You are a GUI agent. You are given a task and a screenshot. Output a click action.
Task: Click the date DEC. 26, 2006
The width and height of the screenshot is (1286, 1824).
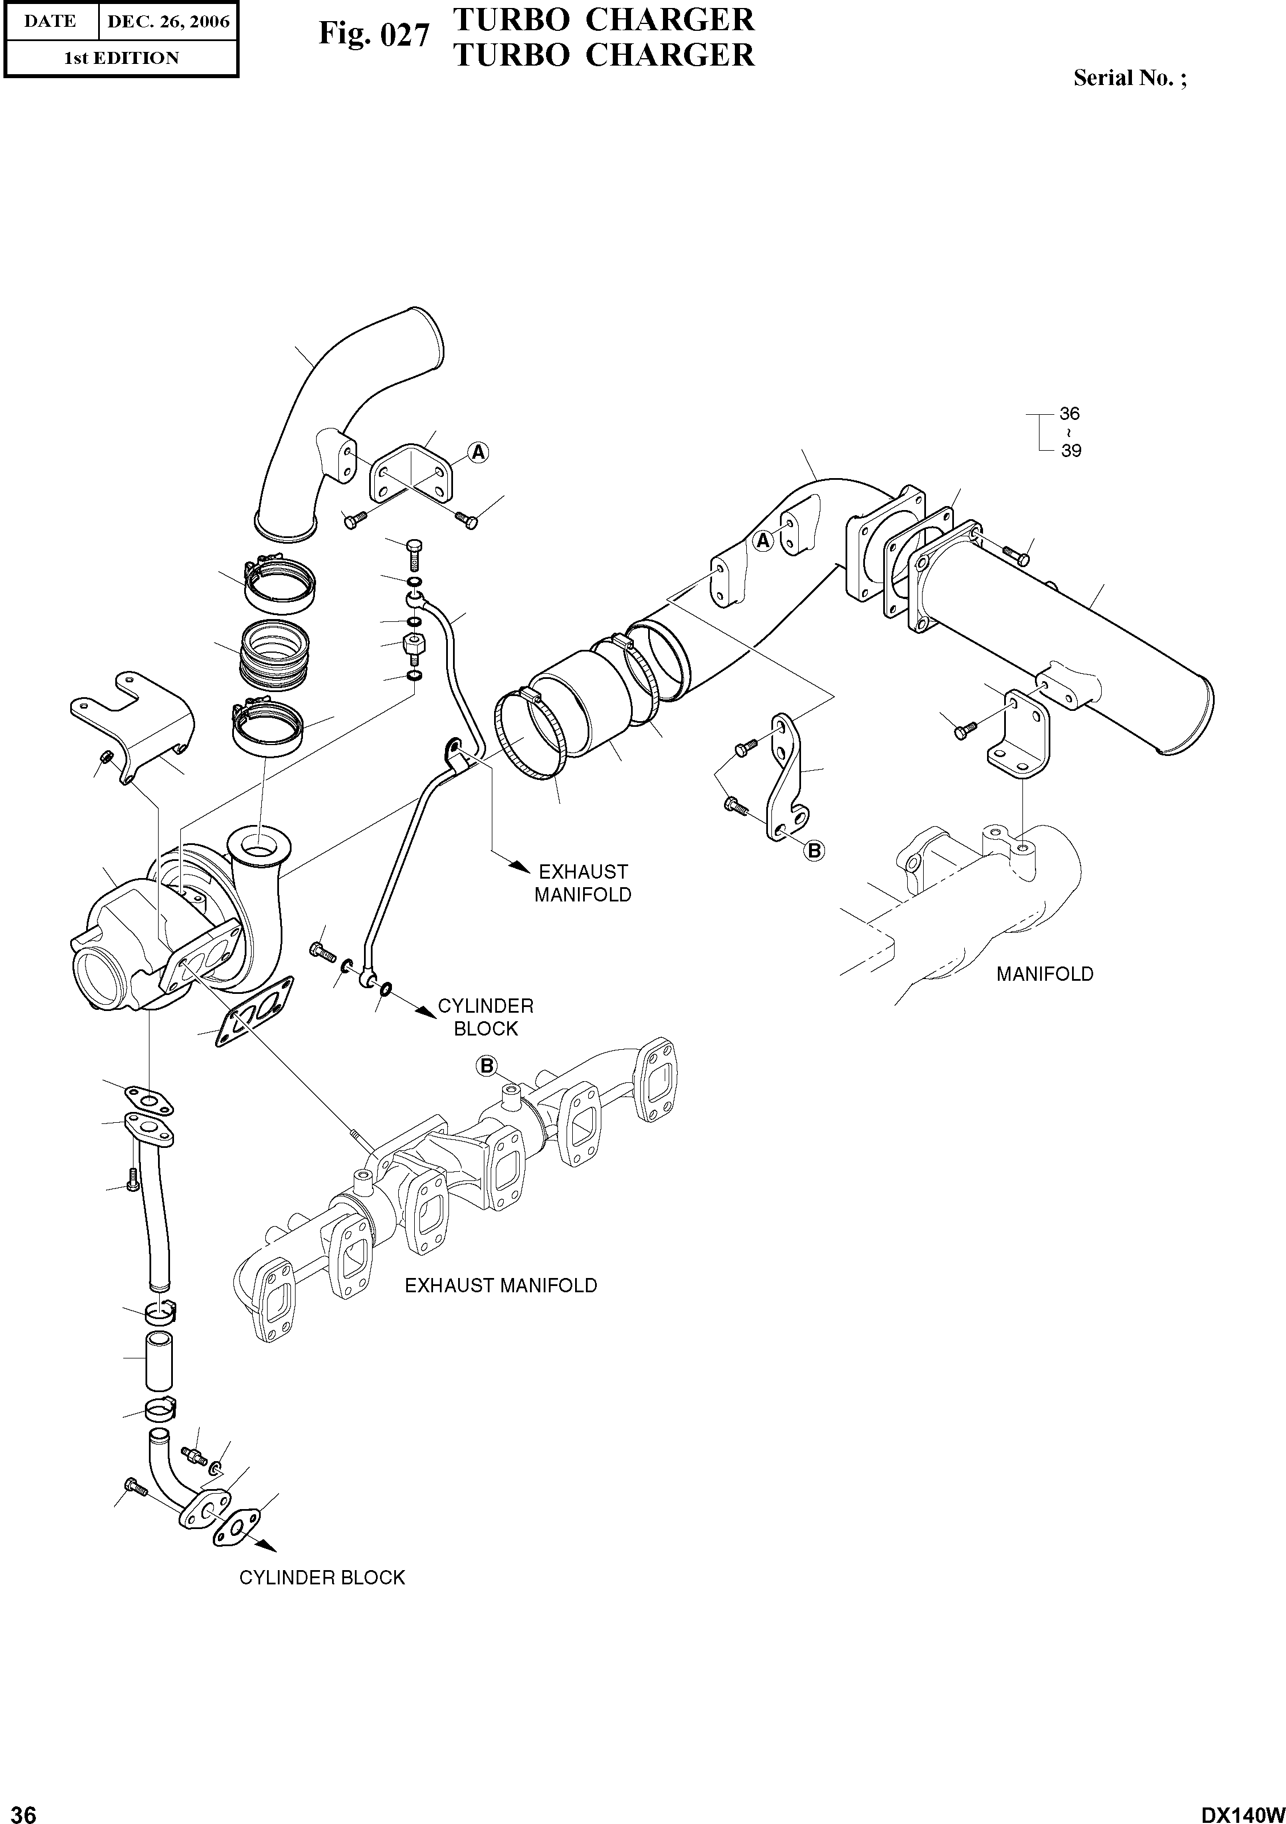point(168,22)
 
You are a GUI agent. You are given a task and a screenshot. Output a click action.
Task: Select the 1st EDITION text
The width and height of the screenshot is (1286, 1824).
point(121,58)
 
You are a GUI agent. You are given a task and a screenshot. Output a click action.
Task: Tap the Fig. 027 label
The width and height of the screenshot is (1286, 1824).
point(373,35)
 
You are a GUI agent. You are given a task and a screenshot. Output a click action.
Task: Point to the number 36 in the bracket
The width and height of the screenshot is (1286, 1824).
point(1069,414)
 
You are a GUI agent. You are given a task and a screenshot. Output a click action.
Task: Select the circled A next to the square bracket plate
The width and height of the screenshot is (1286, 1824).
point(478,453)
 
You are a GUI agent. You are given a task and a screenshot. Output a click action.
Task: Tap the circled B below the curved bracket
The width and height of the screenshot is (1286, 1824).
point(814,851)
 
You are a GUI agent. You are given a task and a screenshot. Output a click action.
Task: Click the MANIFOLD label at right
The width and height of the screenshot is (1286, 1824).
point(1045,974)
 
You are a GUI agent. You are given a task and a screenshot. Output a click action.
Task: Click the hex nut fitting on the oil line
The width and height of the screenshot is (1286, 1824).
point(413,642)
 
